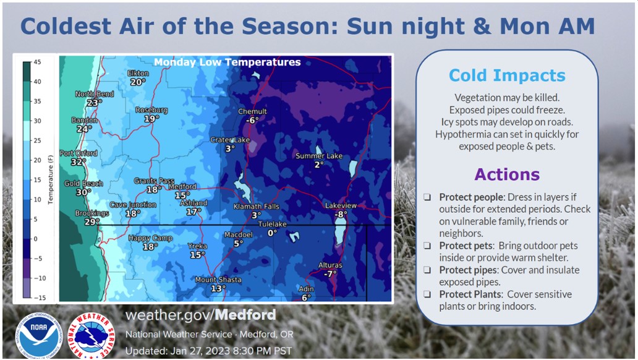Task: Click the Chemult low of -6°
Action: point(252,120)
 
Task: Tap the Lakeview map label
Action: point(341,205)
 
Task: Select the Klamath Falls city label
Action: point(257,207)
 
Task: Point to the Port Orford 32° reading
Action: point(79,161)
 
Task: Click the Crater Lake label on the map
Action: point(230,140)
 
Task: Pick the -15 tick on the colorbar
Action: point(40,298)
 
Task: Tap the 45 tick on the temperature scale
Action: point(37,62)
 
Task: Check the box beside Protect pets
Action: point(427,246)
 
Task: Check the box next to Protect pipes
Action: point(427,270)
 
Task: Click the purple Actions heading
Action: point(507,174)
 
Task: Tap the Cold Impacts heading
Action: point(507,75)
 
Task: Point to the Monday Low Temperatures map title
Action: point(227,62)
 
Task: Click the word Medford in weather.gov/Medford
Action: point(245,315)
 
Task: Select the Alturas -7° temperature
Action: point(330,273)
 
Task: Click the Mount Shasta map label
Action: point(218,280)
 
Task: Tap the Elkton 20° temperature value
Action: point(138,82)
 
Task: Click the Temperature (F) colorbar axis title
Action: point(51,179)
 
